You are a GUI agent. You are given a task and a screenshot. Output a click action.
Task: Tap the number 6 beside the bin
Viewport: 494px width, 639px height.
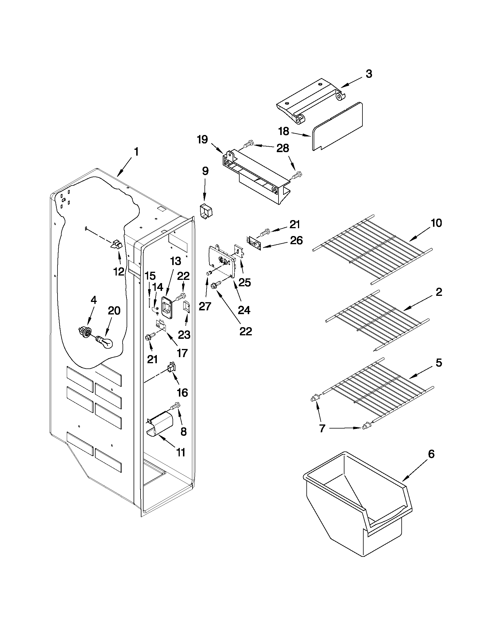point(431,454)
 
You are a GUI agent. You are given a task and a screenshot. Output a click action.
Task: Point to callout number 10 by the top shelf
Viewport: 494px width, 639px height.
point(436,223)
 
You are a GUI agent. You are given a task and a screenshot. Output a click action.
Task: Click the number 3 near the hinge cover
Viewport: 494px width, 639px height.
point(369,74)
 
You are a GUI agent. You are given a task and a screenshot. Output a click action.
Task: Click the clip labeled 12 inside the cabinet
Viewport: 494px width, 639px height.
point(116,244)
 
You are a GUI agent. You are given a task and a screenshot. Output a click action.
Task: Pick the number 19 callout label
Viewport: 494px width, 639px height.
point(202,140)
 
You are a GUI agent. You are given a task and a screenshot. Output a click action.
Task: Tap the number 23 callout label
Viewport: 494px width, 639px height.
point(184,334)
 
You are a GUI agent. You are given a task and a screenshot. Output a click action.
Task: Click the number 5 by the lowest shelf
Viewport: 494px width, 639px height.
point(439,363)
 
